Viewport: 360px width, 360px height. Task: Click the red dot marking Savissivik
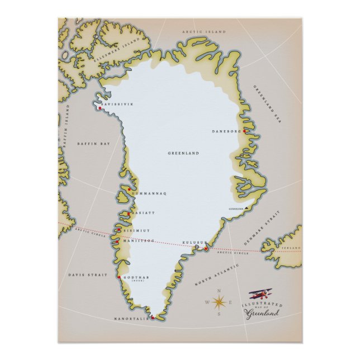click(100, 108)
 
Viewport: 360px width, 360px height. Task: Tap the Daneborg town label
click(225, 131)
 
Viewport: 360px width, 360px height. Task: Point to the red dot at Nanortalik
click(152, 317)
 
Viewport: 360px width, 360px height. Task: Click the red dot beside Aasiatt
click(129, 214)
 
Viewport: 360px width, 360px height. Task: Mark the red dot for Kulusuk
click(206, 248)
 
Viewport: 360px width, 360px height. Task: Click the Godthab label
click(134, 276)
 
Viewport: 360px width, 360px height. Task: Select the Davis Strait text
click(83, 275)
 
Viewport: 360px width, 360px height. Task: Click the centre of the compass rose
click(219, 303)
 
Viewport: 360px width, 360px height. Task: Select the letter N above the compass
click(219, 291)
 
